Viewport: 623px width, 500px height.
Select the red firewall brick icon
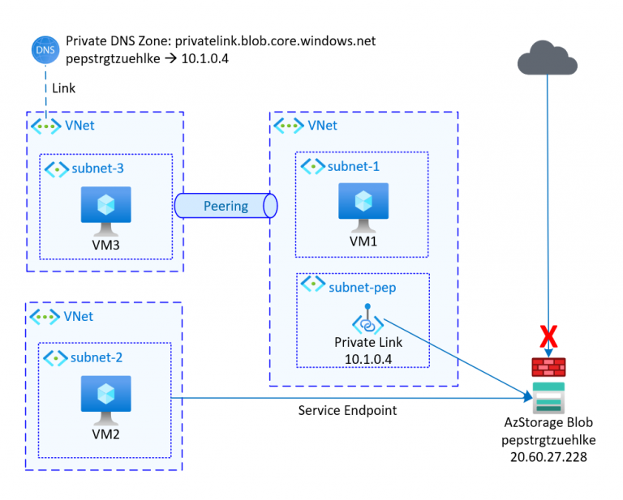[x=549, y=365]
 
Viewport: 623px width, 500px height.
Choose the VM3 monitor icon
[x=105, y=206]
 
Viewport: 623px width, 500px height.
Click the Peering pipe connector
[x=226, y=206]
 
